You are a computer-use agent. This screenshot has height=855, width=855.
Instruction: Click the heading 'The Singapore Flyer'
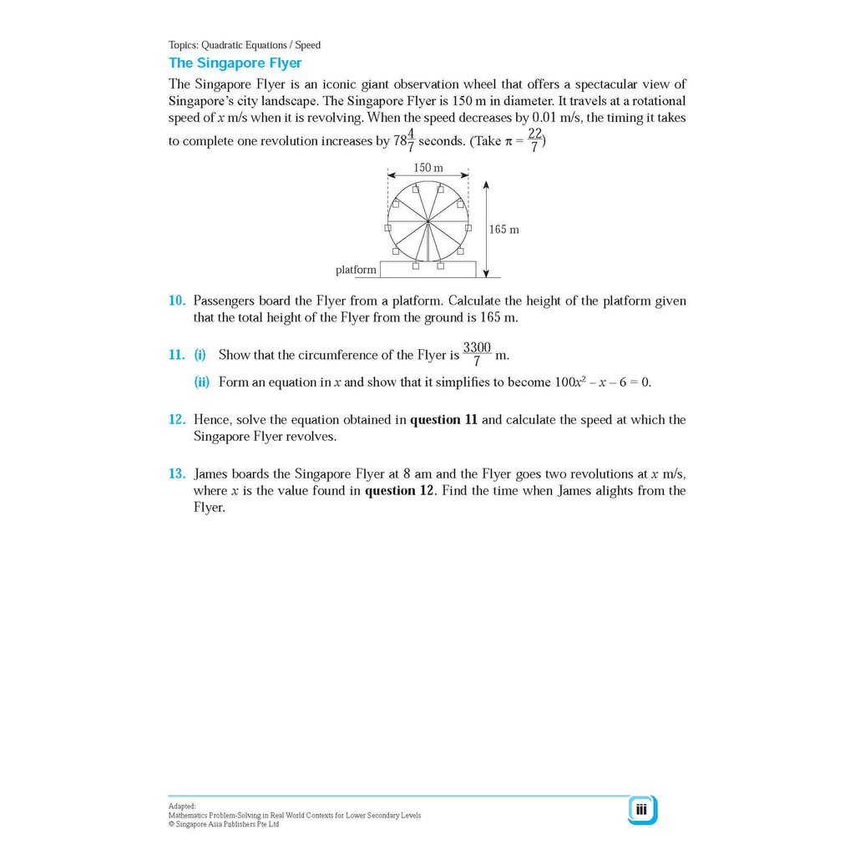(x=235, y=63)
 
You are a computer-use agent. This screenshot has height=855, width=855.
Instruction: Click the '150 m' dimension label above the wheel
(x=428, y=169)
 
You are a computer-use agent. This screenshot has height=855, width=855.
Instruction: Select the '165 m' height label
(x=503, y=230)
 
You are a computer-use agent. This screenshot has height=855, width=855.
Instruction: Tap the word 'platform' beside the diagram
(x=356, y=270)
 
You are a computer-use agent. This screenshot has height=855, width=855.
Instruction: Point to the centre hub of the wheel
(x=427, y=221)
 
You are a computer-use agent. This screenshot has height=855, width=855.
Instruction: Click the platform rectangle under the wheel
(x=427, y=270)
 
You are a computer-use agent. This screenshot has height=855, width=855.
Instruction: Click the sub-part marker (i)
(x=200, y=355)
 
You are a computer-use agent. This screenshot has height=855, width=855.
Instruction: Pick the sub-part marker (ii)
(x=201, y=382)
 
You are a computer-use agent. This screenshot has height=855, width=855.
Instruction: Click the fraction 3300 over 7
(x=477, y=354)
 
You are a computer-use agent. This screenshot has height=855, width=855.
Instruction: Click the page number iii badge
(x=641, y=809)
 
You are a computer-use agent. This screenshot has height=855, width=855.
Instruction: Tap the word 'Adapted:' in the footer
(x=182, y=807)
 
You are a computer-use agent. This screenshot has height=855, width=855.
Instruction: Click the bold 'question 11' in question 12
(x=443, y=420)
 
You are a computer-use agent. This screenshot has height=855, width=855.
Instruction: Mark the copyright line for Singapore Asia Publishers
(x=224, y=824)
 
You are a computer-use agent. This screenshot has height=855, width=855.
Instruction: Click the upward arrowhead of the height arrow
(x=486, y=185)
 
